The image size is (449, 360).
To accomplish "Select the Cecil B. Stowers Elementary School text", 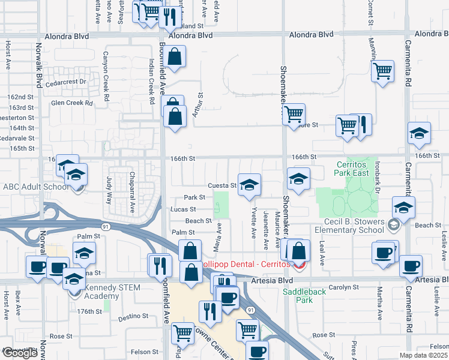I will [350, 225].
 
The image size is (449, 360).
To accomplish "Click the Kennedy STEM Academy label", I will [112, 292].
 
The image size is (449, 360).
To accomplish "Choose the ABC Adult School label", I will [36, 187].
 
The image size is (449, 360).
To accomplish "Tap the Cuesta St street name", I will [222, 185].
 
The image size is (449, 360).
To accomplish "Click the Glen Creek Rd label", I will [72, 103].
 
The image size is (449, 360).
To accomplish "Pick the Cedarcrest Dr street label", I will [66, 82].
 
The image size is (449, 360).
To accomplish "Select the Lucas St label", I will [183, 209].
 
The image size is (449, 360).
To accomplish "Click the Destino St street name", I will [133, 316].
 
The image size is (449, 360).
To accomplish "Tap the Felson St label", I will [144, 352].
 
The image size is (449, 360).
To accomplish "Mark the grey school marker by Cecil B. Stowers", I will [393, 225].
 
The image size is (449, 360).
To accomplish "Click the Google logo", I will [19, 353].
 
